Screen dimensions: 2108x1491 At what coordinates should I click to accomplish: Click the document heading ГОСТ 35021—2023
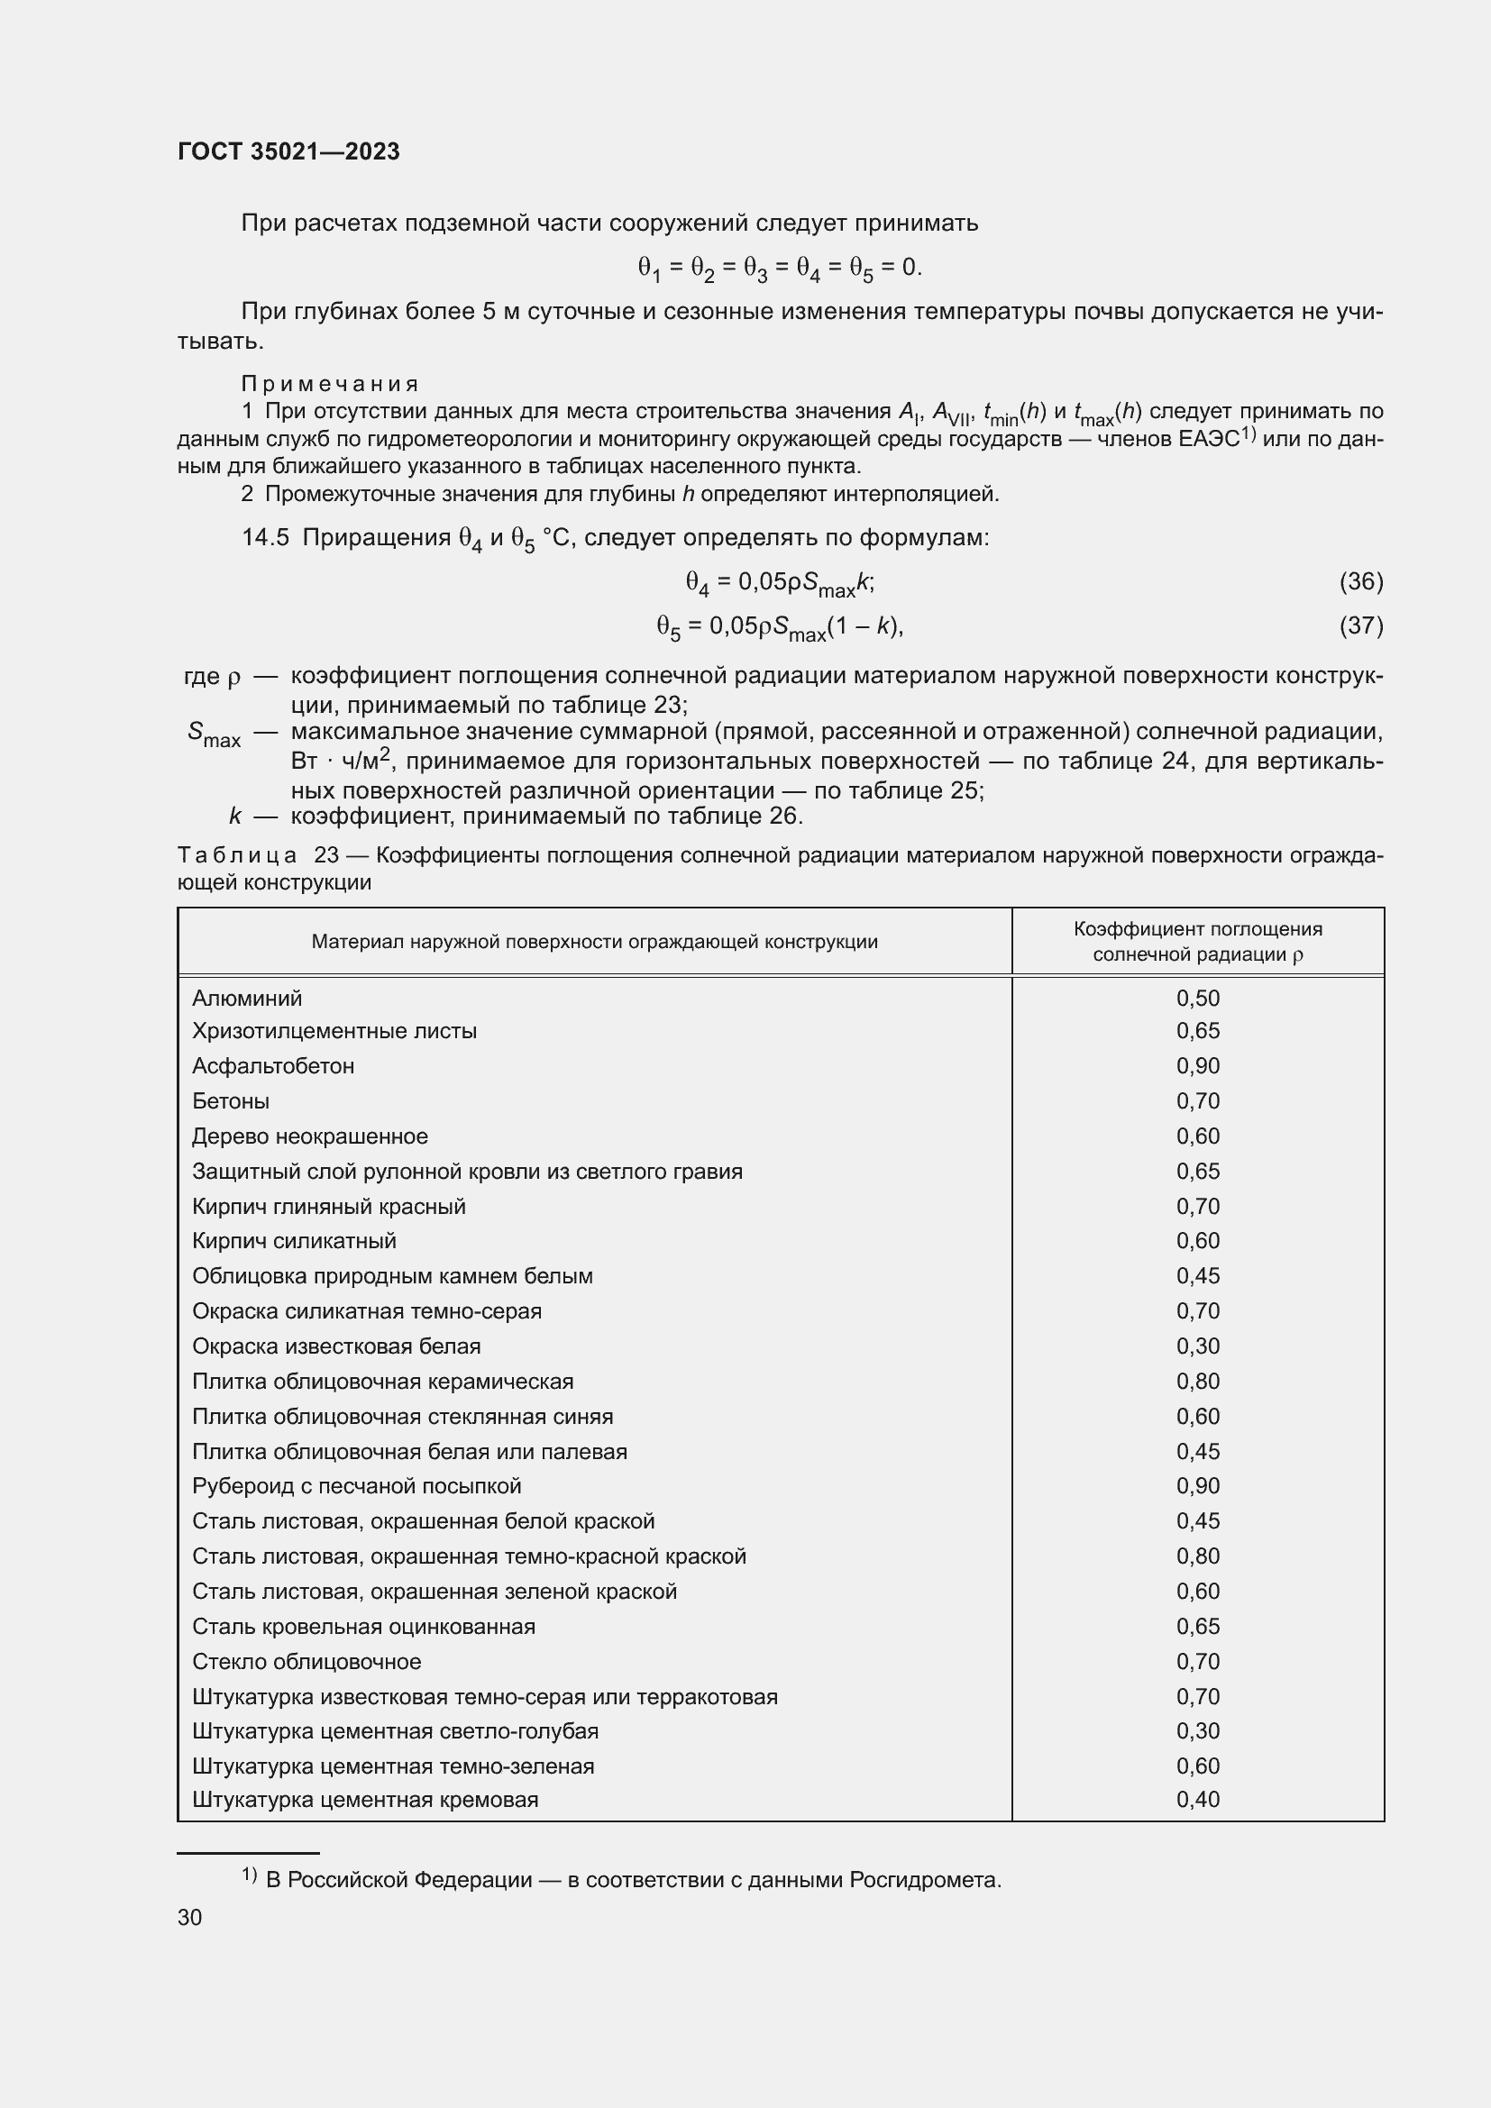(x=288, y=151)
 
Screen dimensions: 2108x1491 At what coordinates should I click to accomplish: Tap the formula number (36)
(x=1360, y=581)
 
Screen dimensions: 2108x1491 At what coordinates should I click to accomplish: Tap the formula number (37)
(x=1360, y=625)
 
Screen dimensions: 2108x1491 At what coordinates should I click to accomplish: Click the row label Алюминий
(x=247, y=998)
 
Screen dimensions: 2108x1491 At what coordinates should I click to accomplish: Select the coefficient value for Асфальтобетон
(x=1197, y=1066)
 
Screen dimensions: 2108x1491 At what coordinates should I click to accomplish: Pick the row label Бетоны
(x=231, y=1100)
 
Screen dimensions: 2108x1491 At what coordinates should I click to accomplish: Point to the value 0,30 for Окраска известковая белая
(x=1197, y=1346)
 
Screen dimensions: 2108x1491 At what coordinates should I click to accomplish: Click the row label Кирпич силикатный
(x=294, y=1240)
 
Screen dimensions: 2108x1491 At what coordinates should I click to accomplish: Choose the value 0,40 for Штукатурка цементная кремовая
(x=1197, y=1800)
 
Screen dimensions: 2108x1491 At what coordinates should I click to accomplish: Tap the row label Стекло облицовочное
(x=306, y=1662)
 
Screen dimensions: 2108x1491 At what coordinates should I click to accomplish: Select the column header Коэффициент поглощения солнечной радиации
(x=1197, y=941)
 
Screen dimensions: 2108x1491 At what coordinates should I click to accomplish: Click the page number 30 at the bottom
(x=189, y=1917)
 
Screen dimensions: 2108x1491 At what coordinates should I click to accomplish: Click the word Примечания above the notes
(x=330, y=384)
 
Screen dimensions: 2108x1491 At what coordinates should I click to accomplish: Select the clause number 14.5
(x=265, y=538)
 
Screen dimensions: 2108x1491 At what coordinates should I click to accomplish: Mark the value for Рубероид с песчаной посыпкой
(x=1197, y=1485)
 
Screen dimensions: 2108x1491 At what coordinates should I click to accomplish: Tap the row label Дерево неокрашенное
(x=309, y=1136)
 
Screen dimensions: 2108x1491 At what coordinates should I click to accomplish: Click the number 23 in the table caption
(x=326, y=854)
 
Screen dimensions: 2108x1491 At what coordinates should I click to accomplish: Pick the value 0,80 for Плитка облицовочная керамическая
(x=1197, y=1381)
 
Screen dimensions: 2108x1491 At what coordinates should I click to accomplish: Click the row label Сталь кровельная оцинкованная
(x=363, y=1626)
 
